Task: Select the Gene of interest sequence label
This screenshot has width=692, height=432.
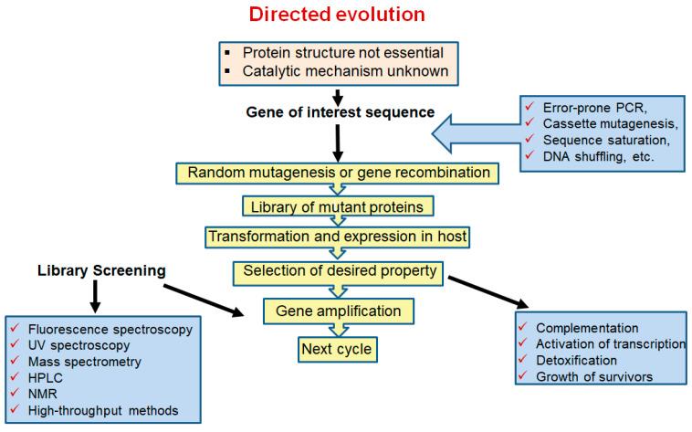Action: (337, 112)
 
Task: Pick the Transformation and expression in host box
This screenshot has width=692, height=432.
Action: (337, 237)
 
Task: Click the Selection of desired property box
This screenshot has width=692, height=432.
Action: (337, 271)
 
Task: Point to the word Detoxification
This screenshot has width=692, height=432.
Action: (576, 360)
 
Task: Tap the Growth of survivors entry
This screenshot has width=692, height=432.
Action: (594, 375)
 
